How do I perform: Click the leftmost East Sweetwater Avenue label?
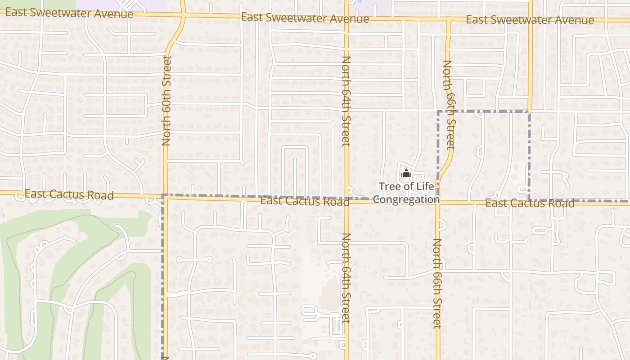point(69,13)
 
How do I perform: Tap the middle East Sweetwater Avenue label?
point(305,18)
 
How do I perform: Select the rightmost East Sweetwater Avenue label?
point(530,20)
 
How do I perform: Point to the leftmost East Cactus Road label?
point(69,194)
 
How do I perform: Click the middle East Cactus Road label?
point(305,201)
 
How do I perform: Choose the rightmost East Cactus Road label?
point(530,203)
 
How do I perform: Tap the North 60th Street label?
point(166,100)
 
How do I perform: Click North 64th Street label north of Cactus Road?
point(346,101)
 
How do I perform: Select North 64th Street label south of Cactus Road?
point(346,278)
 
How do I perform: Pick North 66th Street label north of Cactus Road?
point(449,104)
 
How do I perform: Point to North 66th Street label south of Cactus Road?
point(437,283)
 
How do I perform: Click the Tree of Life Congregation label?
point(406,193)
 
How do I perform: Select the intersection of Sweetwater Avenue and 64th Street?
point(346,18)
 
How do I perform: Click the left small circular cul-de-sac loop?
point(179,260)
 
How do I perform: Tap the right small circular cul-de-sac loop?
point(209,260)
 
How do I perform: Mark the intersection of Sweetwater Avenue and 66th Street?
point(449,20)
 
